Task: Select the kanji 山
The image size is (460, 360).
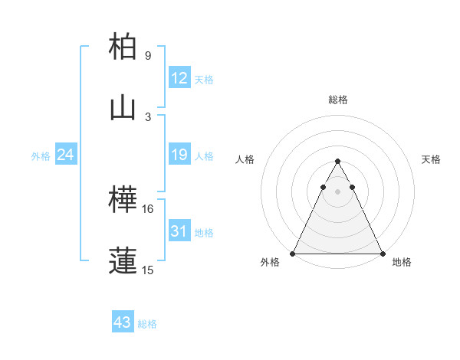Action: tap(123, 108)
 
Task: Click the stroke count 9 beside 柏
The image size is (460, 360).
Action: tap(148, 56)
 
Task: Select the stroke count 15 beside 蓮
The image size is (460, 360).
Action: tap(149, 270)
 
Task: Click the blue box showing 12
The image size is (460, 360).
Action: tap(179, 77)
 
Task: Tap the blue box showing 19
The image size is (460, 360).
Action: tap(179, 155)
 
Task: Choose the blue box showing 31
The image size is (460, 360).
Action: tap(179, 231)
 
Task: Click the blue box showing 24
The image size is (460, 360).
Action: tap(66, 155)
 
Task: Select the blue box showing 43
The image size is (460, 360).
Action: tap(123, 322)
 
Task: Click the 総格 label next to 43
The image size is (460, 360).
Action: tap(147, 324)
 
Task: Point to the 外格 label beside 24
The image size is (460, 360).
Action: tap(41, 156)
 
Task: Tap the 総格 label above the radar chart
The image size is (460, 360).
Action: tap(338, 100)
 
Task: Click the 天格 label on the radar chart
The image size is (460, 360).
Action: tap(432, 159)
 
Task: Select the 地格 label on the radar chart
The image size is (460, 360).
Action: tap(402, 263)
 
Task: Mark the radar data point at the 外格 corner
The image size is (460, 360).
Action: tap(293, 253)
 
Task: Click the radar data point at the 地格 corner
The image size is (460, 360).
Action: tap(383, 253)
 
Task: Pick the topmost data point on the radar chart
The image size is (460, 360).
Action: tap(338, 162)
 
